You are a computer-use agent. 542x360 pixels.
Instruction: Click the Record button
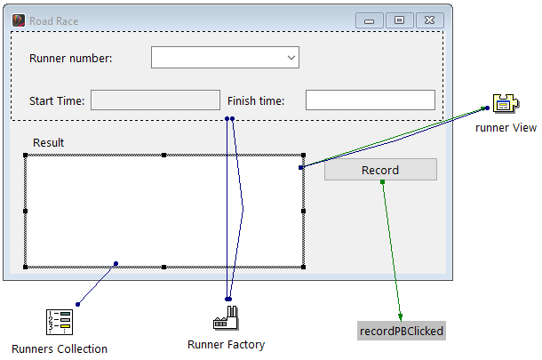(380, 170)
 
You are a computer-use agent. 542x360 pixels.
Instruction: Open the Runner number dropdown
(225, 58)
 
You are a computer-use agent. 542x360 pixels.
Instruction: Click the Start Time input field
(155, 100)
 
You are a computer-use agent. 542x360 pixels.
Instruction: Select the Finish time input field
(370, 100)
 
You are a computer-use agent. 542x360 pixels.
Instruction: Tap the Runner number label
(71, 59)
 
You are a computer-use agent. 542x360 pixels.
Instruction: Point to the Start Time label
(57, 101)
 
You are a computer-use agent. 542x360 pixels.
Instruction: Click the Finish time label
(256, 101)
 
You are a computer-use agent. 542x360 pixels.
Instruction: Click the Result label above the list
(48, 142)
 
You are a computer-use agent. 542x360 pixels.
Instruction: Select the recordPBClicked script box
(401, 332)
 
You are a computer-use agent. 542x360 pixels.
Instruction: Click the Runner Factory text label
(227, 345)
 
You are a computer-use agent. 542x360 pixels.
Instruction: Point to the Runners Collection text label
(60, 348)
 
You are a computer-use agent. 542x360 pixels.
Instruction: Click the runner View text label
(506, 128)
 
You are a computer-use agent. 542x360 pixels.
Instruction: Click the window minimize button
(369, 20)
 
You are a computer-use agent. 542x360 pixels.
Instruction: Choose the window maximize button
(399, 20)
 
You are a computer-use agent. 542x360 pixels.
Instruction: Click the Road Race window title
(53, 20)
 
